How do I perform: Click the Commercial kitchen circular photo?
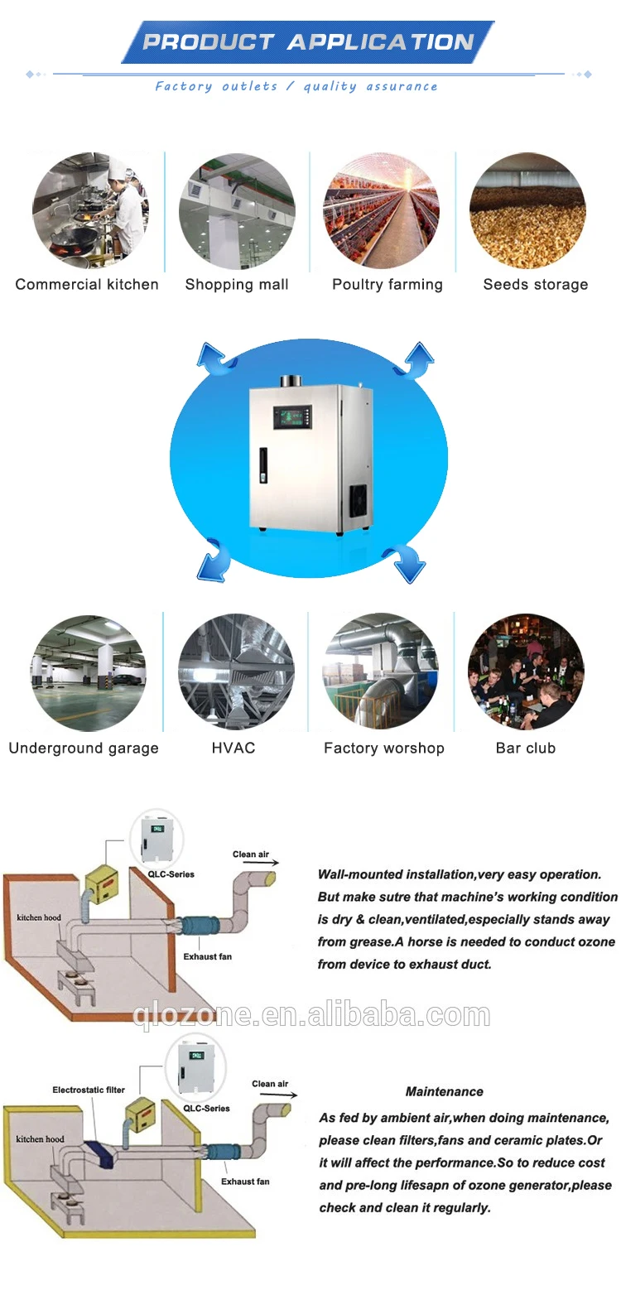(x=90, y=210)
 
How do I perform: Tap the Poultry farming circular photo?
(x=381, y=210)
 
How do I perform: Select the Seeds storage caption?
(x=536, y=285)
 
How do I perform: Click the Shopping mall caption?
(x=237, y=285)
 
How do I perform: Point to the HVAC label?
(x=233, y=748)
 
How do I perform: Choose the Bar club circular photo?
(x=526, y=671)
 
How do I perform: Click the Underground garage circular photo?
(x=89, y=673)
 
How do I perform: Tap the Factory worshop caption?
(x=384, y=748)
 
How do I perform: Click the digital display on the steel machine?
(x=294, y=418)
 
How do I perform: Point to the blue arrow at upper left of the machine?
(x=214, y=359)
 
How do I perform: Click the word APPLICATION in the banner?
(x=380, y=42)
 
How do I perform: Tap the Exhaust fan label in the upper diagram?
(x=207, y=956)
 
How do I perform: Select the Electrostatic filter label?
(x=89, y=1090)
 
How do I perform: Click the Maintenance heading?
(x=445, y=1091)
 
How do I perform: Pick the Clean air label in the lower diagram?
(x=270, y=1084)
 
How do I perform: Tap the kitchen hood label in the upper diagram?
(x=39, y=917)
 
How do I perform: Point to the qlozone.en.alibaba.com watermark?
(x=311, y=1015)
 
